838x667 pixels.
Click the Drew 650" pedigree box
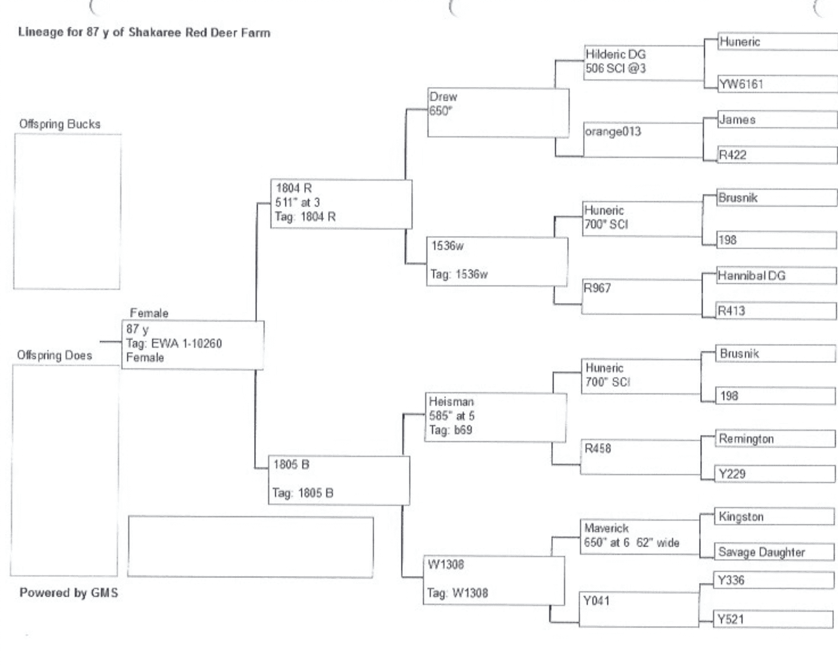pyautogui.click(x=498, y=112)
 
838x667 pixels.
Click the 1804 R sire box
pyautogui.click(x=341, y=204)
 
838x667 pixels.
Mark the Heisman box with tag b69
pyautogui.click(x=495, y=417)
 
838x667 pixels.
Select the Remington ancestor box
pyautogui.click(x=775, y=439)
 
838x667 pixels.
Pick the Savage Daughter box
pyautogui.click(x=774, y=552)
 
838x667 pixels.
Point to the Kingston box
pyautogui.click(x=774, y=517)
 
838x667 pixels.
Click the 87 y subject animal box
pyautogui.click(x=192, y=344)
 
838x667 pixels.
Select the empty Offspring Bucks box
pyautogui.click(x=67, y=211)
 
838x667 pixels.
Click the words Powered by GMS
pyautogui.click(x=69, y=593)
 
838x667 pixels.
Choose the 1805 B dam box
pyautogui.click(x=339, y=479)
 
